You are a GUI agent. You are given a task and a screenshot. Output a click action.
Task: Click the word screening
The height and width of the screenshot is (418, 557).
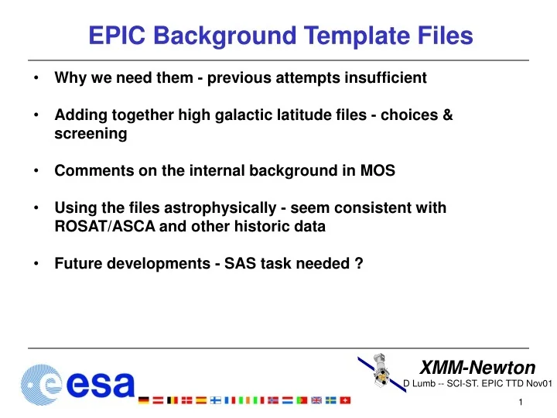pyautogui.click(x=91, y=133)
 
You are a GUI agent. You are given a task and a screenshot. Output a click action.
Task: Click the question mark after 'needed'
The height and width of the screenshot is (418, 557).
pyautogui.click(x=359, y=264)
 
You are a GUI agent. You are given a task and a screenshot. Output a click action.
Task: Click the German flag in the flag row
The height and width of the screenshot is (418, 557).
pyautogui.click(x=144, y=400)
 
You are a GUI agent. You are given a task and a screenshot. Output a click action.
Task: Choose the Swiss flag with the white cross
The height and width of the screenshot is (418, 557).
pyautogui.click(x=345, y=400)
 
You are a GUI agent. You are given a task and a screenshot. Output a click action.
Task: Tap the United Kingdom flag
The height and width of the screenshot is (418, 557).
pyautogui.click(x=316, y=400)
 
